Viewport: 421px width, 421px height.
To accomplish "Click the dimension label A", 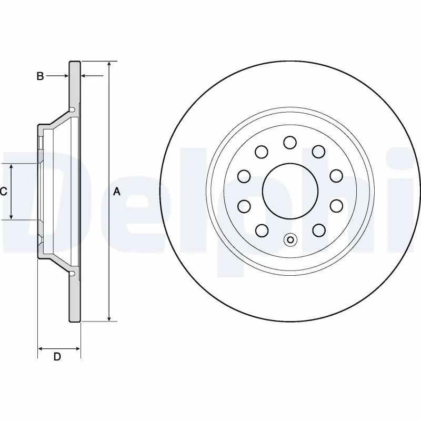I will [x=117, y=192].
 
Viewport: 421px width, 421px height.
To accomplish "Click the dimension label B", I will [x=40, y=76].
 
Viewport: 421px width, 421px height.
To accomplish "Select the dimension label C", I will [x=3, y=192].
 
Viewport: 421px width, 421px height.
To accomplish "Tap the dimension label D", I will [x=57, y=357].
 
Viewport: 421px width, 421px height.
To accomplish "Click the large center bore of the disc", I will [x=289, y=190].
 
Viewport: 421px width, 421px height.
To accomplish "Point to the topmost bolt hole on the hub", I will [x=289, y=142].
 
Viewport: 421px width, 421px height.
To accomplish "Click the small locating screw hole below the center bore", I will [x=289, y=240].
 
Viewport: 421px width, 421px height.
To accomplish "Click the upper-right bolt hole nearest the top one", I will [x=318, y=152].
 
